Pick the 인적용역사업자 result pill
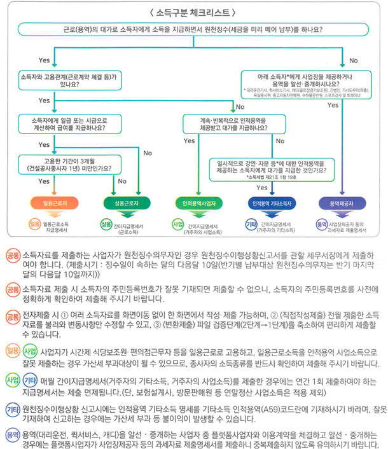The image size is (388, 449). coord(198,203)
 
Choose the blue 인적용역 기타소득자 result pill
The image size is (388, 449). coord(272,203)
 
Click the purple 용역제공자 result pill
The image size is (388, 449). coord(343,203)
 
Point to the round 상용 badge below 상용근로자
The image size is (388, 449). coord(106,224)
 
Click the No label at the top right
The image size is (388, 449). coord(354,60)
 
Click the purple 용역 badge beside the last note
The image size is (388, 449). coord(12,434)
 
